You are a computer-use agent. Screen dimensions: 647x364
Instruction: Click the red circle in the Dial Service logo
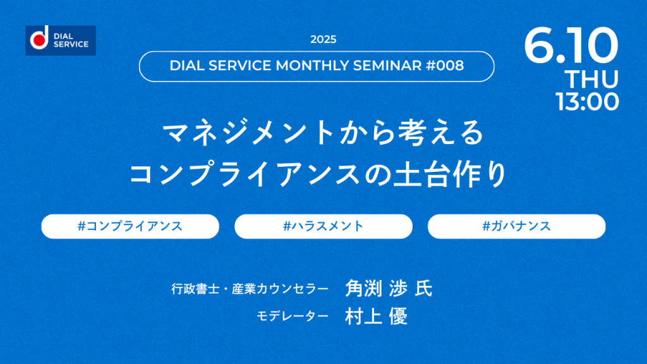[x=39, y=40]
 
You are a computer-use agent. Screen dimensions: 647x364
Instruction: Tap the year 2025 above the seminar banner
[x=323, y=39]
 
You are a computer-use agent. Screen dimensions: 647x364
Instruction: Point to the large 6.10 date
[x=571, y=45]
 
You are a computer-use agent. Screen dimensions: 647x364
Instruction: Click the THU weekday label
[x=591, y=79]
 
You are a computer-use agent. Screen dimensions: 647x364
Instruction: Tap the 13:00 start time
[x=587, y=102]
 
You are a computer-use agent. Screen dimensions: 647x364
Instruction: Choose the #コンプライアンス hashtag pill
[x=130, y=226]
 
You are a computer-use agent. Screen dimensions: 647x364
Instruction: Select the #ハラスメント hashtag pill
[x=323, y=226]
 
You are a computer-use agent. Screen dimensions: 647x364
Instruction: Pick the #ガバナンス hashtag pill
[x=517, y=226]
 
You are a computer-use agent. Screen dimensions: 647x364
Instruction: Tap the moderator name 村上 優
[x=377, y=316]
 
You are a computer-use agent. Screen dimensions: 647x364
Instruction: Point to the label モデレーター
[x=293, y=316]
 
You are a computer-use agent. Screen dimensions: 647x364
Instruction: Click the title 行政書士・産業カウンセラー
[x=250, y=289]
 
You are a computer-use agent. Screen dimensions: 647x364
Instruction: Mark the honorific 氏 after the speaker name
[x=423, y=288]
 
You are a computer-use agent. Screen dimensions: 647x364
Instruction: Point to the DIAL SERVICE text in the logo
[x=71, y=40]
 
